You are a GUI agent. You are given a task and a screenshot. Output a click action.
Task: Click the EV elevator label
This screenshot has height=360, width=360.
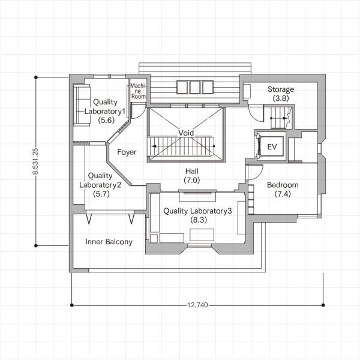coord(272,147)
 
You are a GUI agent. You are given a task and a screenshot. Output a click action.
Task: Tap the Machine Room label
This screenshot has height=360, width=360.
coord(138,91)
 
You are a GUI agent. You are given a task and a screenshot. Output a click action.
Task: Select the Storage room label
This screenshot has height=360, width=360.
coord(281,89)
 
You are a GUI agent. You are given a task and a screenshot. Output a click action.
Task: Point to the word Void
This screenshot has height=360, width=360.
coord(186,133)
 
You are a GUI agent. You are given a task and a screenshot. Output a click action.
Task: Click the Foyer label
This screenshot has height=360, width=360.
coord(127,152)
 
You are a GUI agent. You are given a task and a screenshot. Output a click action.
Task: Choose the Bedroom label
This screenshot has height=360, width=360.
coord(283,185)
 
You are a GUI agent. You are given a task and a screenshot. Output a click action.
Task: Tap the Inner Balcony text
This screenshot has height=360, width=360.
coord(109,242)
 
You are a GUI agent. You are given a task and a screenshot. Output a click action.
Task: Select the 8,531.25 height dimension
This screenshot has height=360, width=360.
coord(35,161)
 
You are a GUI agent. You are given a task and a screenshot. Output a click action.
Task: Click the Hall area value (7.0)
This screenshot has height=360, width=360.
coord(192,180)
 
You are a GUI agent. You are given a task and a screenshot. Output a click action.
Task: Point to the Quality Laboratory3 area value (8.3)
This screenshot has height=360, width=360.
coord(199,220)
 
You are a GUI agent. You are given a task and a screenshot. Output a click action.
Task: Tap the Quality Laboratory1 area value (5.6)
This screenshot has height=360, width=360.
coord(106,120)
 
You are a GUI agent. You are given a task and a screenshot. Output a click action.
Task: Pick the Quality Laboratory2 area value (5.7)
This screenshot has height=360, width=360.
coord(101,194)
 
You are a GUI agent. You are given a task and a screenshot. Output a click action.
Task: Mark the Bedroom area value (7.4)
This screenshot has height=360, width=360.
coord(283,194)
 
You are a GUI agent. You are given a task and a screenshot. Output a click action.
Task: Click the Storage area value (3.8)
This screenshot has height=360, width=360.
coord(281,98)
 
